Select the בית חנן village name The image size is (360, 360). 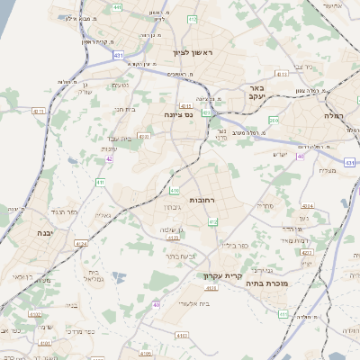point(125,108)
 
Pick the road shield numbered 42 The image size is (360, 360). point(110,159)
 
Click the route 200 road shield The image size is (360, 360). point(274,120)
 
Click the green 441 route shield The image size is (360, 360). point(118,7)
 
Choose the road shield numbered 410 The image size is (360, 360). point(175,191)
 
